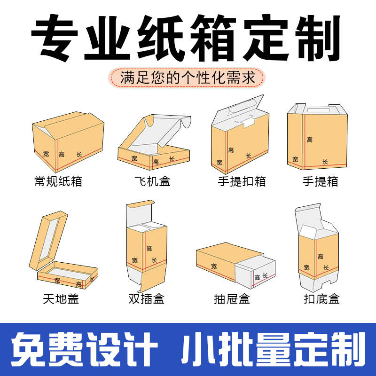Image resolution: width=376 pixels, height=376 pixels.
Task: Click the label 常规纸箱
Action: tap(58, 181)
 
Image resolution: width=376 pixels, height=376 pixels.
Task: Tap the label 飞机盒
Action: tap(152, 181)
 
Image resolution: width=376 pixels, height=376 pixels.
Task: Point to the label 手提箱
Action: tap(320, 181)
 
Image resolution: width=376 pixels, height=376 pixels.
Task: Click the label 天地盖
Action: tap(58, 298)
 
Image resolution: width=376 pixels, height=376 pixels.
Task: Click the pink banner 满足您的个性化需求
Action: tap(188, 77)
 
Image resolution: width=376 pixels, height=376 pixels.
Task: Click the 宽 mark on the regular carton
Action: tap(46, 153)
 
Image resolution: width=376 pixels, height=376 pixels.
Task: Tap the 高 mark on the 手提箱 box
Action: tap(309, 140)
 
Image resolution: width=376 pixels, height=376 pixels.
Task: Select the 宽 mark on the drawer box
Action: tap(214, 266)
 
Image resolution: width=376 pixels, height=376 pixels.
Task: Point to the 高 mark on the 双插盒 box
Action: tap(149, 248)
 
